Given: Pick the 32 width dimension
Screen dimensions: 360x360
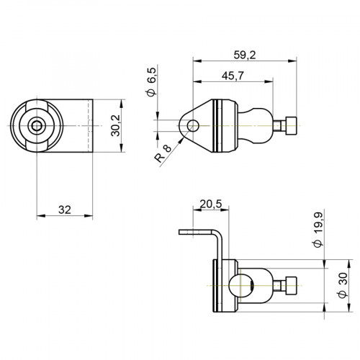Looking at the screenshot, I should pyautogui.click(x=64, y=210).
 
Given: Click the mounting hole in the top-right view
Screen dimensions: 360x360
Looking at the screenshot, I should pyautogui.click(x=193, y=126).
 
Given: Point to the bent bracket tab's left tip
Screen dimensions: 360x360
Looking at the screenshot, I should pyautogui.click(x=181, y=232).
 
